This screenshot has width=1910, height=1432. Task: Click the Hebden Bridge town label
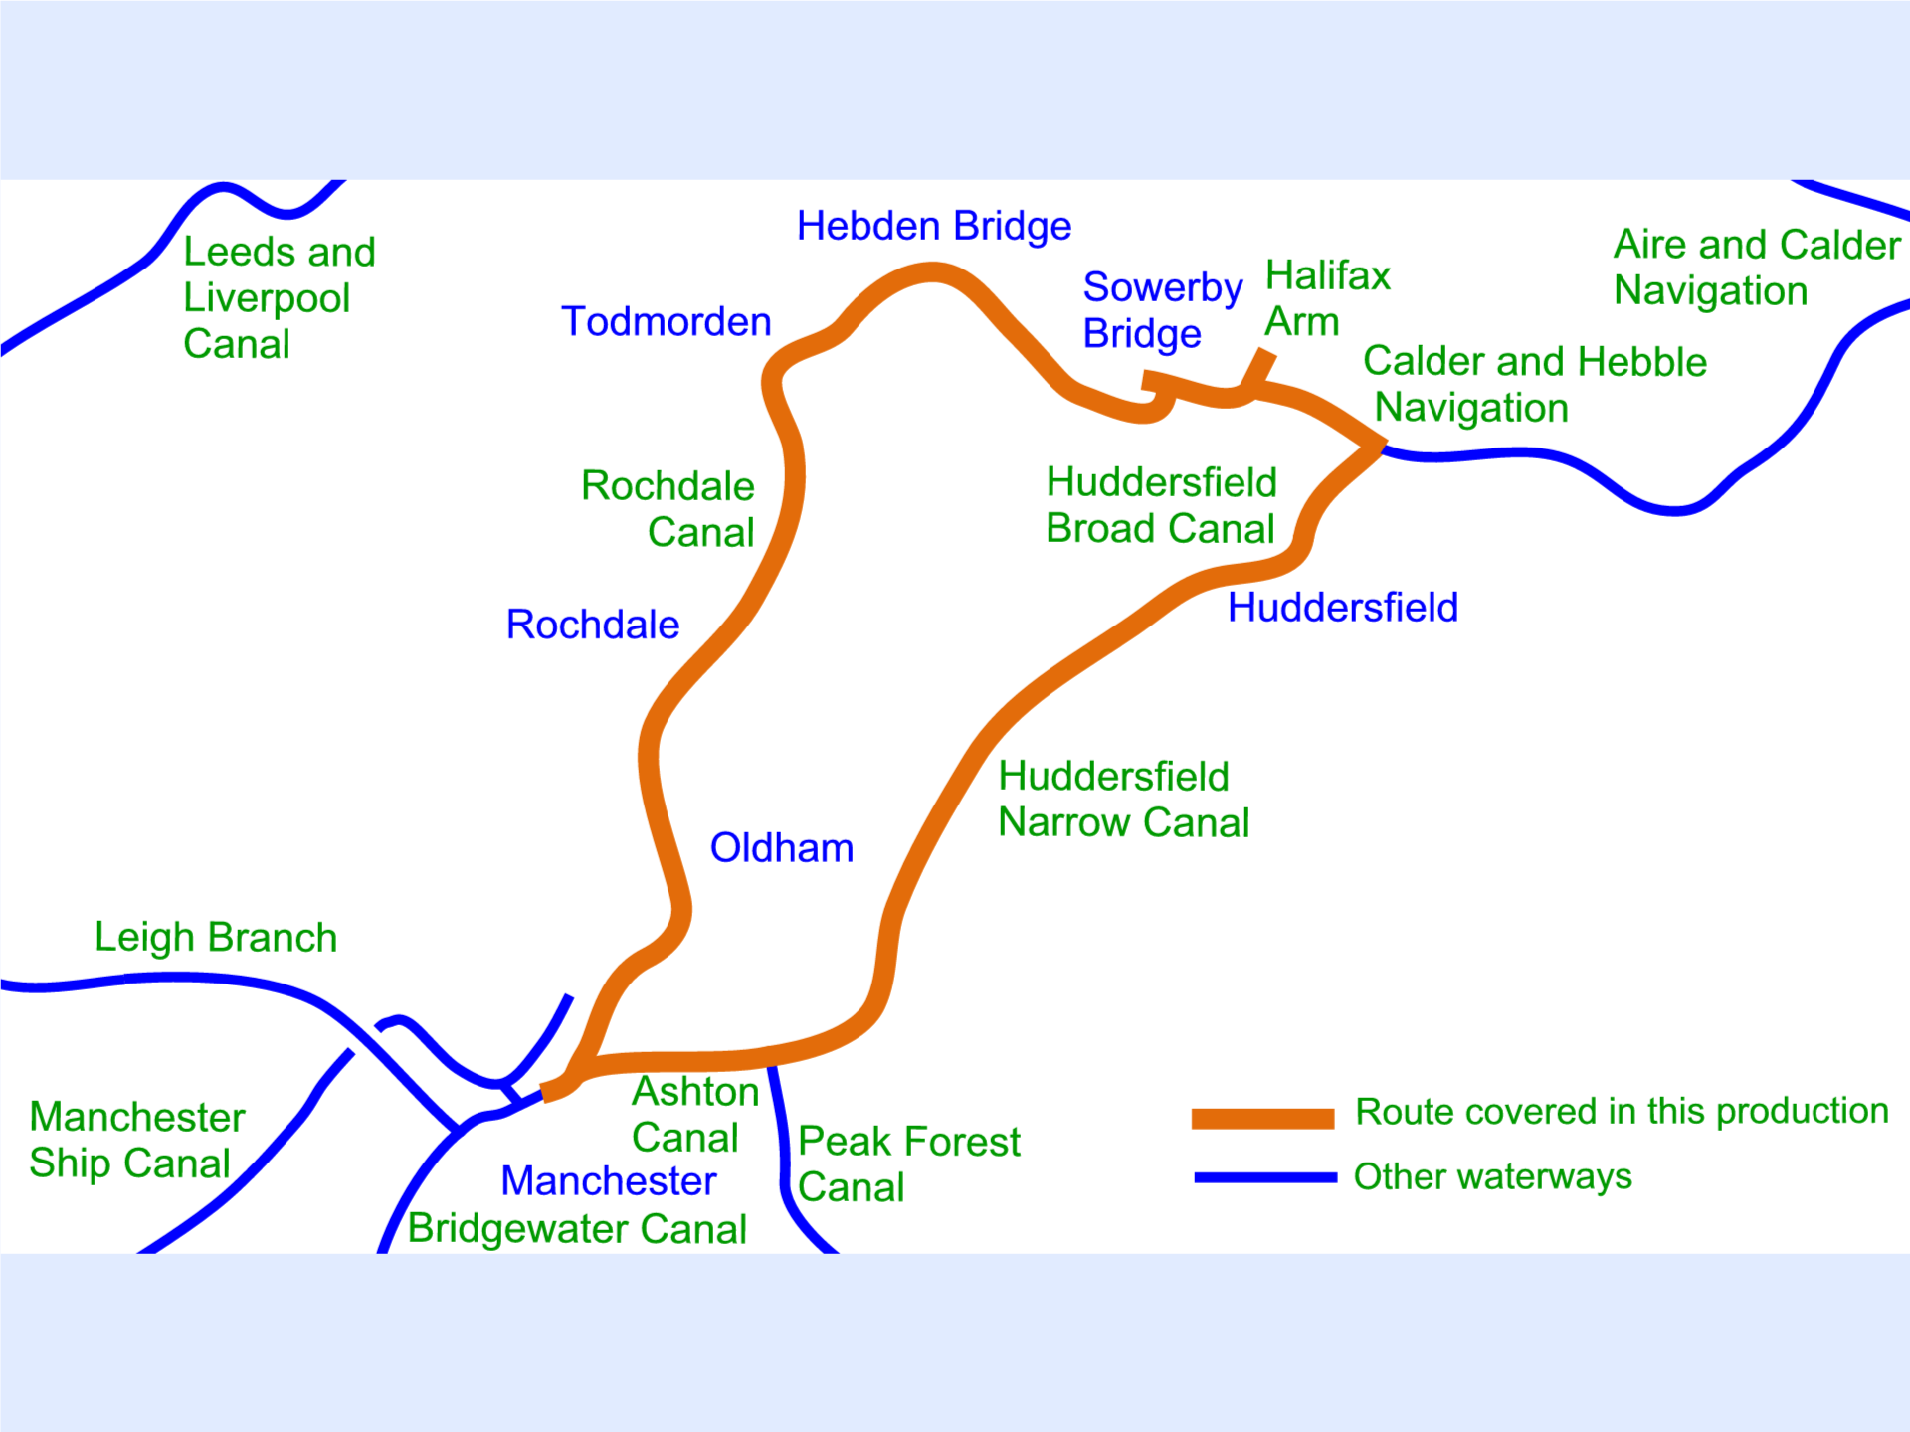(934, 227)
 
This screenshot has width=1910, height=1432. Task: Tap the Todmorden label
(667, 322)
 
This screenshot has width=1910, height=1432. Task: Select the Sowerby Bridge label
(1162, 310)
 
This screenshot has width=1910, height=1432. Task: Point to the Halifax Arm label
(1327, 298)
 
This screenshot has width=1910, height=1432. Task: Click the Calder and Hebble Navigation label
(1534, 385)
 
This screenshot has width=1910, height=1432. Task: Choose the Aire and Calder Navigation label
(1757, 268)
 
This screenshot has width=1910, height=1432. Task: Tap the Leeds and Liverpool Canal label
(280, 298)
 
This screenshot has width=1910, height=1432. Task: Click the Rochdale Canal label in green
(668, 509)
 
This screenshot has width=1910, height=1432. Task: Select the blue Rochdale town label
(593, 626)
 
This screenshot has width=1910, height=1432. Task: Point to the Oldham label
(782, 848)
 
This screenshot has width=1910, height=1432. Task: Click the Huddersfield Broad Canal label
(1161, 505)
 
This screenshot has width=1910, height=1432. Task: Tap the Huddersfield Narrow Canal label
(1123, 800)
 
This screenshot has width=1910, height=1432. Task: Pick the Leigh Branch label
(216, 938)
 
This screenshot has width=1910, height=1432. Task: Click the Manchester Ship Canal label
(137, 1141)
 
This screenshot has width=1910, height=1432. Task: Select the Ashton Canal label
(695, 1115)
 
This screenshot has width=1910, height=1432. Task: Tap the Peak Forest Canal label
(908, 1164)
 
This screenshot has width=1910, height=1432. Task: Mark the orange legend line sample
(1262, 1118)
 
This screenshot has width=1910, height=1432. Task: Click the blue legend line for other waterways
(1265, 1177)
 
